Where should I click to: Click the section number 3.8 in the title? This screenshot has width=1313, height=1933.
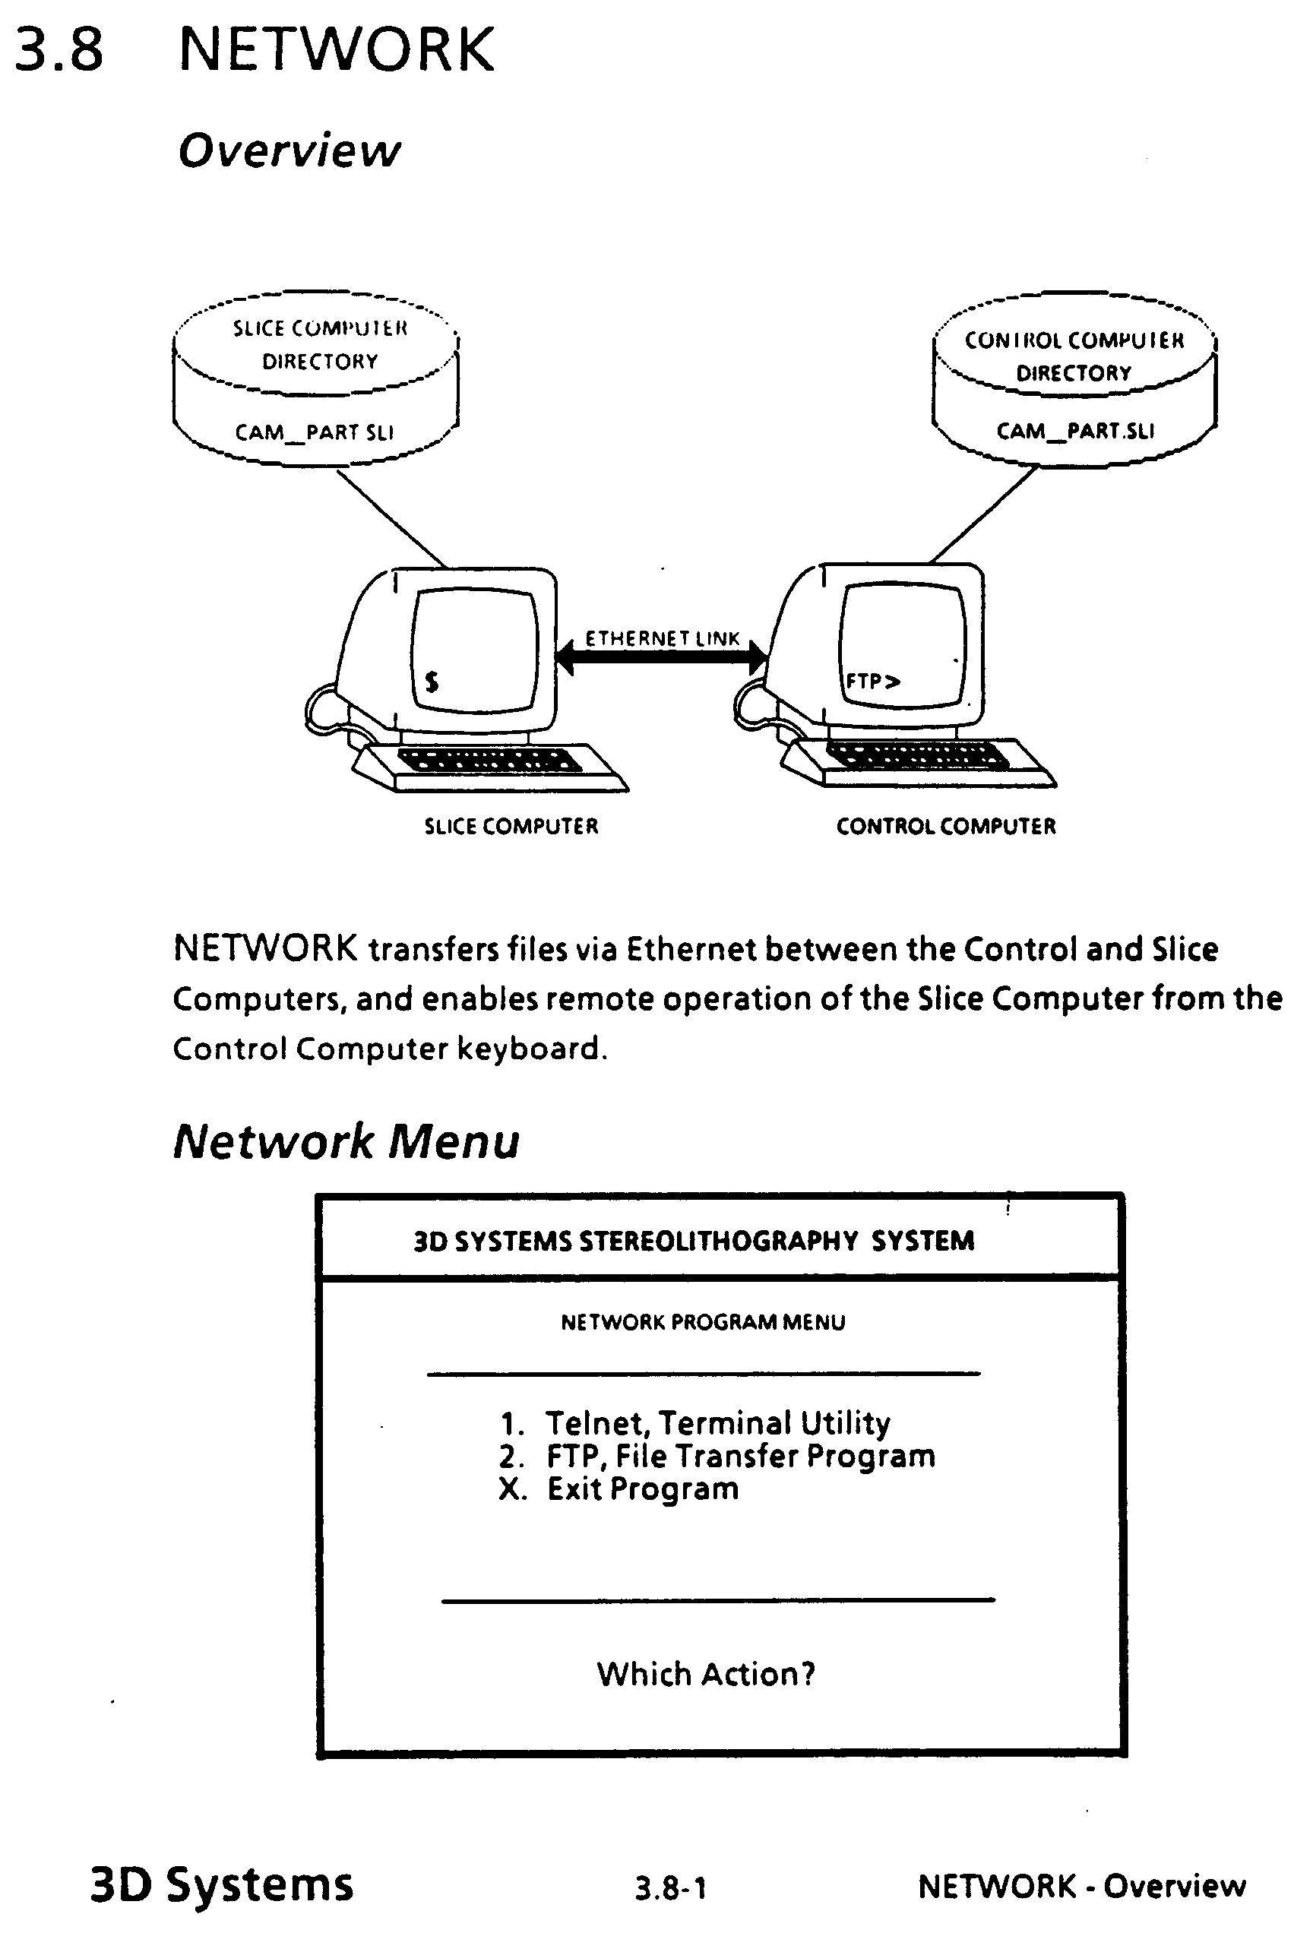(x=59, y=50)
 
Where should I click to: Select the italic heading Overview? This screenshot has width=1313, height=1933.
(x=289, y=150)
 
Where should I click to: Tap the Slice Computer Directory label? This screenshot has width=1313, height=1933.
(x=320, y=344)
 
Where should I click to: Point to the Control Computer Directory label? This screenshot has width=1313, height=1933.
(x=1074, y=356)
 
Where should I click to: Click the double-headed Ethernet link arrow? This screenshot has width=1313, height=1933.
(x=661, y=657)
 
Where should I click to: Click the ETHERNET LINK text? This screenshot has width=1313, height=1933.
(x=662, y=638)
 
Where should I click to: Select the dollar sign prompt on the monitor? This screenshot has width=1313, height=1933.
(x=432, y=682)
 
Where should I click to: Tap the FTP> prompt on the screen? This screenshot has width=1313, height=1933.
(x=872, y=682)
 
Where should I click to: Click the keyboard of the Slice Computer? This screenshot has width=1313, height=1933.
(x=491, y=761)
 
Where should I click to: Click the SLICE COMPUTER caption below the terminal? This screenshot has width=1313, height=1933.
(x=511, y=826)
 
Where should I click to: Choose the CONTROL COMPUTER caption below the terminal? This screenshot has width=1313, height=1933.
(x=945, y=826)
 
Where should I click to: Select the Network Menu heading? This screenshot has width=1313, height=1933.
(x=346, y=1141)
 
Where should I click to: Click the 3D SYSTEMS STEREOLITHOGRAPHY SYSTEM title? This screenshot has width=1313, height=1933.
(x=694, y=1241)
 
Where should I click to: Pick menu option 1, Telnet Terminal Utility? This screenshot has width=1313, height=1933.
(x=695, y=1423)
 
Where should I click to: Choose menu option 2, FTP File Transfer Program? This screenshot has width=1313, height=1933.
(x=717, y=1456)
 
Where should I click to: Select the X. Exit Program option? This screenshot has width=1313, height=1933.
(x=619, y=1488)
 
